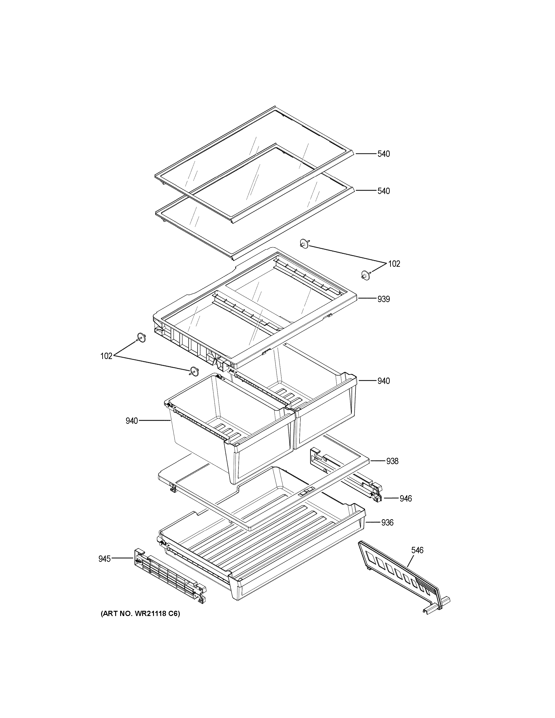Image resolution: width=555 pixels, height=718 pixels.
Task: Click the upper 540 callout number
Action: point(383,154)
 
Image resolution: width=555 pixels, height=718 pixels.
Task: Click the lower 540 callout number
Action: point(383,191)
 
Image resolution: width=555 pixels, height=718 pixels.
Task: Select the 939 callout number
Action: point(383,299)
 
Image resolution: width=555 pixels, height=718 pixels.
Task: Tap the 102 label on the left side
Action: point(106,356)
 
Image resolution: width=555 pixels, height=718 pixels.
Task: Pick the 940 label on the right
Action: point(383,381)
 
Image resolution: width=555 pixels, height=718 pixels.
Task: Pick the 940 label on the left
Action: point(131,421)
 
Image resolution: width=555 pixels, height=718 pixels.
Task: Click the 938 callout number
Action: point(392,461)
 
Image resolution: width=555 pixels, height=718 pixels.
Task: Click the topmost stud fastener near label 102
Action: point(304,244)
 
